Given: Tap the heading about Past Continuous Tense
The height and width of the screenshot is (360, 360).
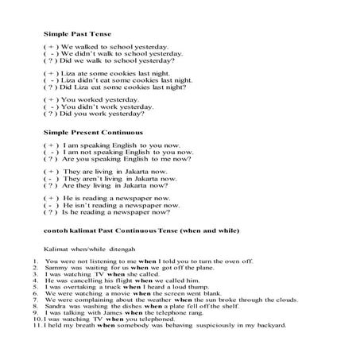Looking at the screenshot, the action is (x=130, y=230).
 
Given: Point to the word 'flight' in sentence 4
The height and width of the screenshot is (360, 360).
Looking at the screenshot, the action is (x=123, y=280).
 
